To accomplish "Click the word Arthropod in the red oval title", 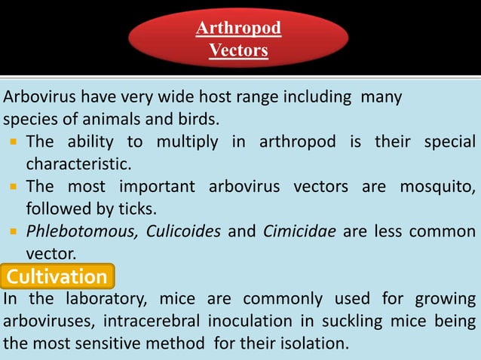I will (x=238, y=29).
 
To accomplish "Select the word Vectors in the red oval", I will (x=238, y=51).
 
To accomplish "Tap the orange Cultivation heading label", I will (x=57, y=277).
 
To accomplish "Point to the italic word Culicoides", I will (x=179, y=232).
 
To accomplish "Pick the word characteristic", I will (x=78, y=163).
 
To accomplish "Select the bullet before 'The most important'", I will (x=14, y=186).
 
